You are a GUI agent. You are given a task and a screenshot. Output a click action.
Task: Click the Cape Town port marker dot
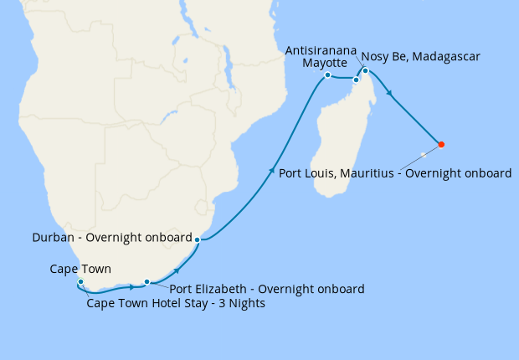click(80, 282)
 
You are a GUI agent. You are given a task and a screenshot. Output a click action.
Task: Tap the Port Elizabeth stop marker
click(146, 282)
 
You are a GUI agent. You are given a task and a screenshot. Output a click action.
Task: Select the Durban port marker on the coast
click(197, 240)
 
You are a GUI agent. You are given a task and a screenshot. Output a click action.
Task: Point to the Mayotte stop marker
click(327, 75)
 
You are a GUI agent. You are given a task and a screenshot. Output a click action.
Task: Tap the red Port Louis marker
click(441, 145)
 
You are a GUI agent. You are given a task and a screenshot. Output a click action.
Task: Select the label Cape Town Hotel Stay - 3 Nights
click(176, 304)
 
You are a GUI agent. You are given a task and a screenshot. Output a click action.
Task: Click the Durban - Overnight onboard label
click(112, 238)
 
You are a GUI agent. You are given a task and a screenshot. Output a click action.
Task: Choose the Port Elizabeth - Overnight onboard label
click(267, 289)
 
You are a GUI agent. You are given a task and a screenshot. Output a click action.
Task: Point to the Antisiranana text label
click(322, 50)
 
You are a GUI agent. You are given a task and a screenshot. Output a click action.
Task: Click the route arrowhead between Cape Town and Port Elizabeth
click(132, 287)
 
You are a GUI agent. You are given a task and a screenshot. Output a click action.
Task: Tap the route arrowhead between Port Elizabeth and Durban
click(177, 270)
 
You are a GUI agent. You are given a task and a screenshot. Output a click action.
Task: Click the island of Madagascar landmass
click(335, 151)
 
